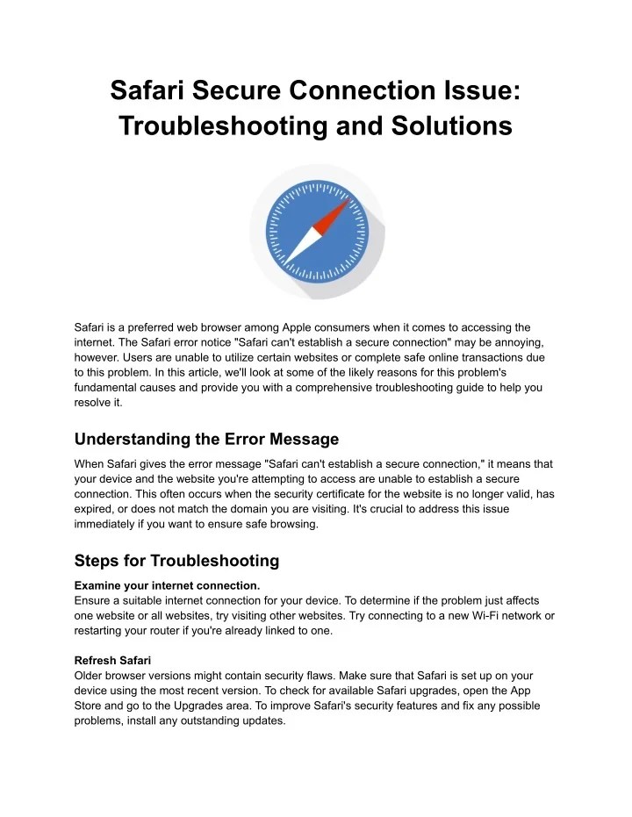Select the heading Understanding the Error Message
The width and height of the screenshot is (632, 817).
click(206, 439)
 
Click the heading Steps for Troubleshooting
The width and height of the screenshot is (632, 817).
click(176, 560)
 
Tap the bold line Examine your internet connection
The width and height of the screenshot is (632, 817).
click(167, 584)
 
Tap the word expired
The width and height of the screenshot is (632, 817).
click(96, 509)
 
